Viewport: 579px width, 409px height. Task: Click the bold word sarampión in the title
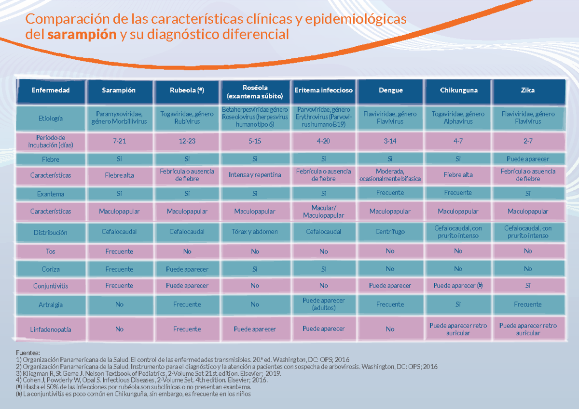pyautogui.click(x=82, y=35)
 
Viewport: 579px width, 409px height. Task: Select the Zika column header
pyautogui.click(x=528, y=90)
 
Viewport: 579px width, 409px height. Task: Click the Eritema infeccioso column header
pyautogui.click(x=323, y=90)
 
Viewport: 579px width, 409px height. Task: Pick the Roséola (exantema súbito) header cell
pyautogui.click(x=255, y=90)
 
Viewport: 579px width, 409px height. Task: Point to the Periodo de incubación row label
pyautogui.click(x=51, y=141)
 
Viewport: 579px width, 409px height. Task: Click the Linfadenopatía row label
pyautogui.click(x=51, y=330)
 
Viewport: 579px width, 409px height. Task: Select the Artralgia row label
pyautogui.click(x=51, y=304)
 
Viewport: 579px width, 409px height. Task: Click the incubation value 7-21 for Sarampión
pyautogui.click(x=119, y=141)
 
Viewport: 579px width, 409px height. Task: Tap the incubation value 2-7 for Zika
pyautogui.click(x=528, y=141)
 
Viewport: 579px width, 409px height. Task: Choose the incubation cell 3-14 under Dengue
pyautogui.click(x=390, y=141)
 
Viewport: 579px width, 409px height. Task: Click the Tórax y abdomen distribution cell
pyautogui.click(x=255, y=232)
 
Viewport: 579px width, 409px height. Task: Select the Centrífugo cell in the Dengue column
pyautogui.click(x=390, y=232)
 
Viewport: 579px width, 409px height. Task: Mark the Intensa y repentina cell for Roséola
pyautogui.click(x=255, y=175)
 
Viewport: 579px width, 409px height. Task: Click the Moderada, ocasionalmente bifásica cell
pyautogui.click(x=390, y=175)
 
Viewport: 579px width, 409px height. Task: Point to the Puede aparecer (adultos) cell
pyautogui.click(x=323, y=304)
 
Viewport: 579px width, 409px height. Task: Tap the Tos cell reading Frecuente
pyautogui.click(x=119, y=251)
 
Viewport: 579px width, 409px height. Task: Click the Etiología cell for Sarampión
pyautogui.click(x=119, y=118)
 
